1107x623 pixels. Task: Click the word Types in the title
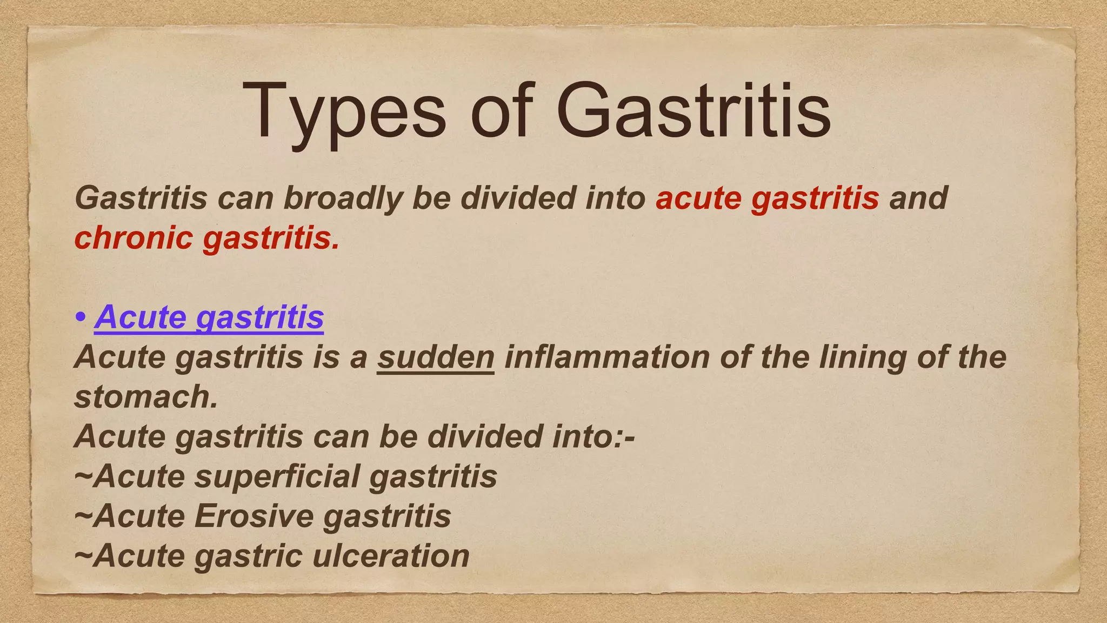click(x=346, y=112)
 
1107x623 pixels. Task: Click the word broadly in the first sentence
click(x=343, y=198)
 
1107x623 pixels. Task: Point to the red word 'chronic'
click(x=134, y=238)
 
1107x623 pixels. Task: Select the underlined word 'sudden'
click(x=436, y=357)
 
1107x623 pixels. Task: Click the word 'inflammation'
click(x=607, y=357)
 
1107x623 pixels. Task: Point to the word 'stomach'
click(x=142, y=397)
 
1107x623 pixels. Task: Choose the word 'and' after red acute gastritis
click(x=918, y=198)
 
